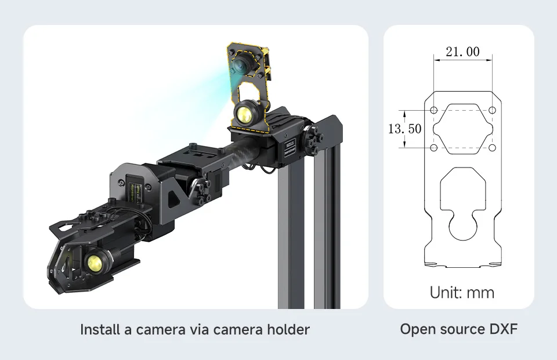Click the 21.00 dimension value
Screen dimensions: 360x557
(462, 52)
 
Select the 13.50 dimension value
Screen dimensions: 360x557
(404, 128)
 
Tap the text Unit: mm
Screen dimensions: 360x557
(462, 292)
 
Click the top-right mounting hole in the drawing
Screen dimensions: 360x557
(492, 110)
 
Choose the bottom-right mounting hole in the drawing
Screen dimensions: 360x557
(492, 148)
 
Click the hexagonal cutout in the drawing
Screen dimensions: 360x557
(463, 129)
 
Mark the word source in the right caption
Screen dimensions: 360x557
(454, 329)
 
